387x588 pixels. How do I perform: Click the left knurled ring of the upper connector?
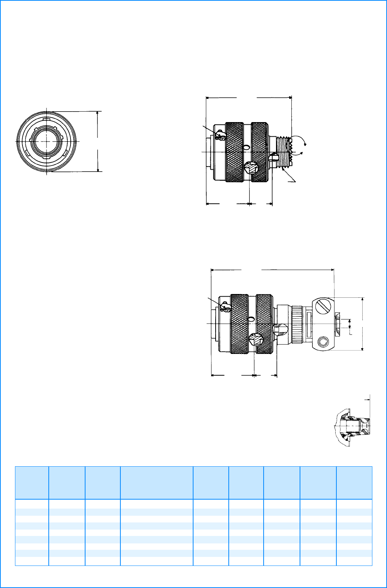click(x=234, y=152)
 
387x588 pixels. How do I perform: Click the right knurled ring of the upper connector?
click(x=259, y=152)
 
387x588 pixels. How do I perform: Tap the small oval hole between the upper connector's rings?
click(x=246, y=148)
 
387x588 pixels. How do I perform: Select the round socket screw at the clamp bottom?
click(x=323, y=342)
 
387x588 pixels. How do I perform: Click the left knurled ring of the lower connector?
click(x=240, y=324)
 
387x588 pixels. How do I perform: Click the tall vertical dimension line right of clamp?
click(x=363, y=324)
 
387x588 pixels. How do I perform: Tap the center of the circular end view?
click(x=46, y=141)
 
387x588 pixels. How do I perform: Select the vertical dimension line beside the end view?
click(x=98, y=141)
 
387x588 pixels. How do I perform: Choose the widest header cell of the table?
click(x=156, y=482)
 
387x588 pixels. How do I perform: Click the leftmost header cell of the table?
click(x=32, y=482)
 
